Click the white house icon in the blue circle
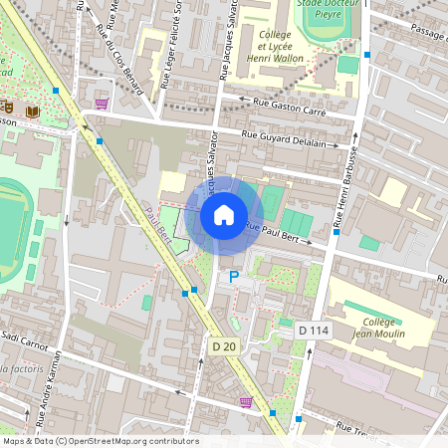(224, 214)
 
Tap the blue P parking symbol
(234, 277)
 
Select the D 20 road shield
(224, 346)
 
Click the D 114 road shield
(314, 330)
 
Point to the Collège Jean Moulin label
(377, 329)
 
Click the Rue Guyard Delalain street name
(295, 141)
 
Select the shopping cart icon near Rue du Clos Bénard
(101, 103)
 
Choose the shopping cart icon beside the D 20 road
(245, 402)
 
